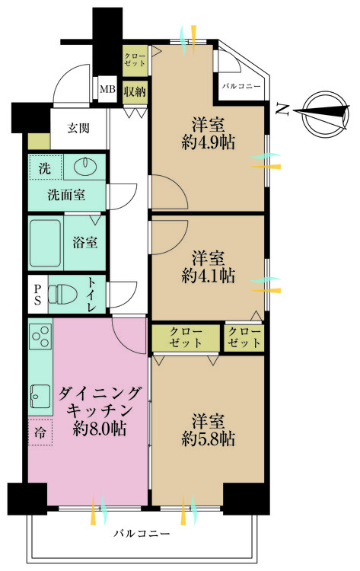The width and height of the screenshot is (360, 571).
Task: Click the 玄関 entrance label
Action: click(78, 128)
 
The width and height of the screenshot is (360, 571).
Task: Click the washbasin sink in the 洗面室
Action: click(84, 167)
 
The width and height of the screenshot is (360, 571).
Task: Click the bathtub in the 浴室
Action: click(46, 244)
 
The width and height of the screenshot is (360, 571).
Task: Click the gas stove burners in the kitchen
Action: click(40, 337)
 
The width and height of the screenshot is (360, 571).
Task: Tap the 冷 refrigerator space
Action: click(40, 431)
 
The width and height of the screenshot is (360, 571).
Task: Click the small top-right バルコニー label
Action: click(241, 86)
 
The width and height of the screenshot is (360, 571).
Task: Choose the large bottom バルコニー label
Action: click(142, 534)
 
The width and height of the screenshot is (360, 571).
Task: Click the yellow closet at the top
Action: click(135, 59)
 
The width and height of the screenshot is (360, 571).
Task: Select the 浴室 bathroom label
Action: click(84, 244)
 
